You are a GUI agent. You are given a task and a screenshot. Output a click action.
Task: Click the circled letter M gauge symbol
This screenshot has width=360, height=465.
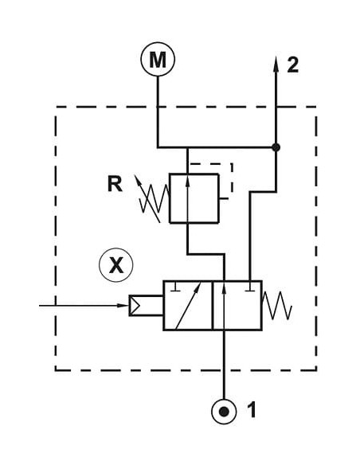tap(158, 59)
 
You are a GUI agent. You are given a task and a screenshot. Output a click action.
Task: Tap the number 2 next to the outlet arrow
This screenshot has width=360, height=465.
tap(292, 65)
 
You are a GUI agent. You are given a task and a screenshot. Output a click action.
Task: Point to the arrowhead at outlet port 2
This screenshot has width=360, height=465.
tap(276, 64)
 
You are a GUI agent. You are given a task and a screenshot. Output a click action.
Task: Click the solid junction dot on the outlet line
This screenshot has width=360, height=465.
tap(276, 147)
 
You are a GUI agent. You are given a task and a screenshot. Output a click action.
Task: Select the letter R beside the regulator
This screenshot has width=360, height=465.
tap(115, 184)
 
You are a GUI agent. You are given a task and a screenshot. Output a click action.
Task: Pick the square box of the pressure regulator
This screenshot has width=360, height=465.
tap(194, 198)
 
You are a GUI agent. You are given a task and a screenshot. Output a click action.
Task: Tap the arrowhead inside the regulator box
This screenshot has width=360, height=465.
tap(187, 182)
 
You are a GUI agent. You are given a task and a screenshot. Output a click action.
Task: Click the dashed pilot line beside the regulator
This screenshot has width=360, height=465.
tap(232, 178)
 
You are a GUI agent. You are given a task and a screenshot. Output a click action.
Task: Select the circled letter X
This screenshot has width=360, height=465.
tap(116, 265)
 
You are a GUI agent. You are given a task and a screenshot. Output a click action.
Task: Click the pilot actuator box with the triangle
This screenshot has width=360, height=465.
tap(146, 306)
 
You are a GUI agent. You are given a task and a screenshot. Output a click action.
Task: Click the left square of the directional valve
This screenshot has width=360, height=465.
tap(188, 305)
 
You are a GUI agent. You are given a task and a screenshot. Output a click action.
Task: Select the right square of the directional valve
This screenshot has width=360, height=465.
tap(237, 305)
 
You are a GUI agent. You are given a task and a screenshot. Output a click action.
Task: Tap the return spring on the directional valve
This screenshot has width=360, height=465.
tap(277, 306)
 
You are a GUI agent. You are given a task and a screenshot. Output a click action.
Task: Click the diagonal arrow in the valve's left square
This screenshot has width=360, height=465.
tap(188, 306)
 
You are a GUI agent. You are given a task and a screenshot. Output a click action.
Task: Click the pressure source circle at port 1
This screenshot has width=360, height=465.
tap(224, 412)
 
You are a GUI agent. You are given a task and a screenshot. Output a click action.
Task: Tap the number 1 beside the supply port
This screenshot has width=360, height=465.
tap(252, 409)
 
